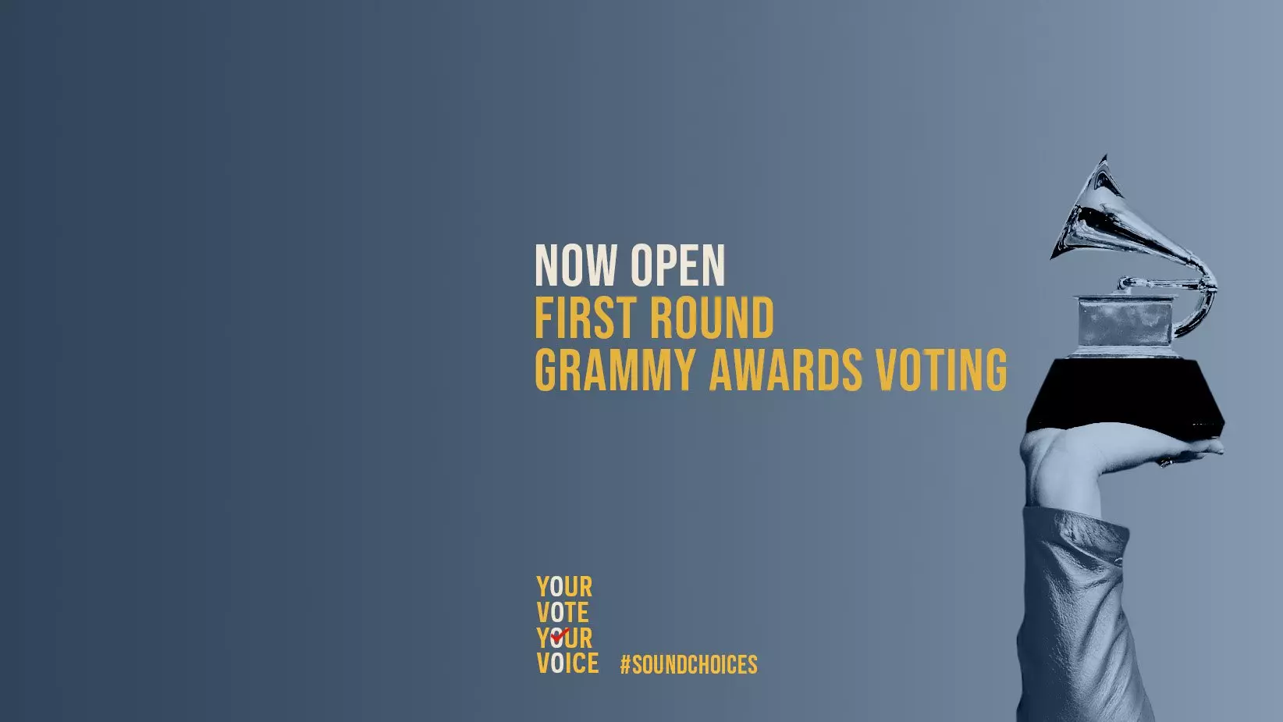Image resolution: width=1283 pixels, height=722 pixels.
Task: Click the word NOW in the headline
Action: (x=576, y=266)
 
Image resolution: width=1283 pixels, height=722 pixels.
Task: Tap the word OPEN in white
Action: (x=677, y=266)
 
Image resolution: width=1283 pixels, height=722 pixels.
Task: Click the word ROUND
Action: (x=712, y=318)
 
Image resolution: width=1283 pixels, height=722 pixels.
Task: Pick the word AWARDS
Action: (x=785, y=369)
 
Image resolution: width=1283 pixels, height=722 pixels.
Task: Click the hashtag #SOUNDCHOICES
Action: (x=688, y=665)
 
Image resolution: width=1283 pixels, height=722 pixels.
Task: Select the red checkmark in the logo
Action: (x=560, y=635)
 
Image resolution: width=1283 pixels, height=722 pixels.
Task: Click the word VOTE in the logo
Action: (x=563, y=613)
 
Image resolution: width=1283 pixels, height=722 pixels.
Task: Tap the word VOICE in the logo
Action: (x=567, y=664)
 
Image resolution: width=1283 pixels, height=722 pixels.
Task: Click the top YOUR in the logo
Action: (x=564, y=587)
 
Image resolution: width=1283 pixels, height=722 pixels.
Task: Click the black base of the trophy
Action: (x=1124, y=394)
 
